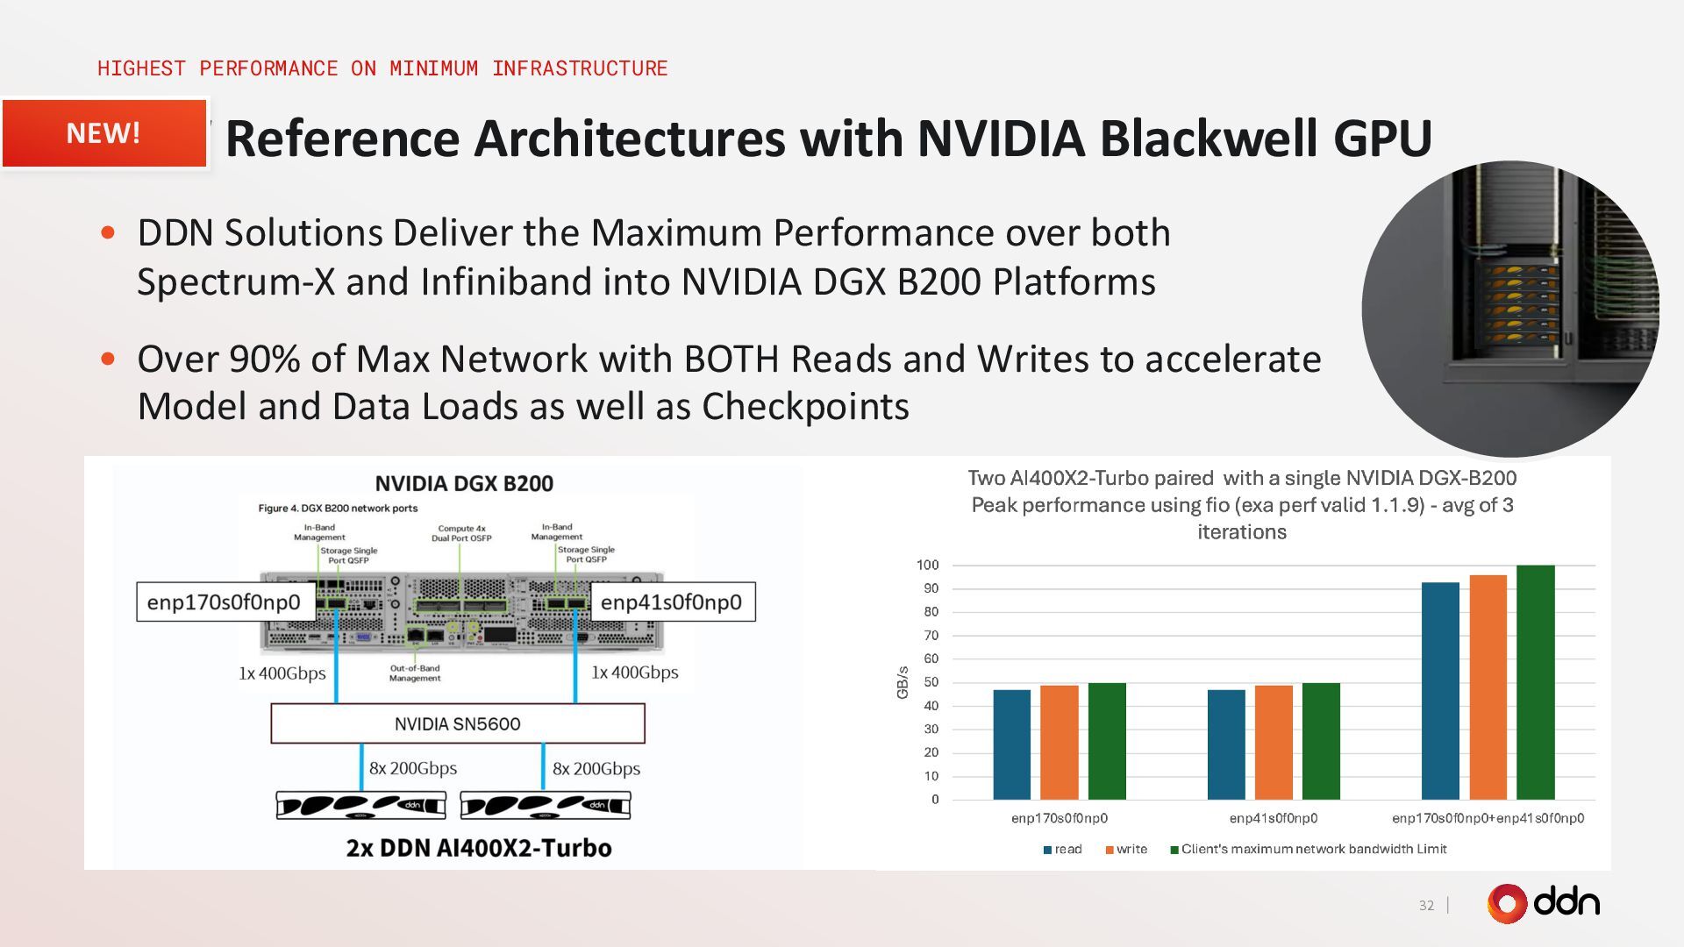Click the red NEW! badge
(103, 133)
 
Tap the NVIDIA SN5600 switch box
(457, 723)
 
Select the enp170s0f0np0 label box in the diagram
(224, 602)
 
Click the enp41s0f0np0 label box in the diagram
(671, 602)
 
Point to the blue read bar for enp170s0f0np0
(1011, 744)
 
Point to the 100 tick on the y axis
(927, 565)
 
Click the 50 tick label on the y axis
(931, 682)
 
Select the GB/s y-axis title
(902, 682)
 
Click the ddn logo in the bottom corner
(1543, 903)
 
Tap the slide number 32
(1426, 905)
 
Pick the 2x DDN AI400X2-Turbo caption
(479, 848)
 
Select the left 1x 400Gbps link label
(282, 673)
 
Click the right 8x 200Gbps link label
(596, 769)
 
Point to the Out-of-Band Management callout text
(415, 673)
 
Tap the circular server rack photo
(1509, 309)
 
